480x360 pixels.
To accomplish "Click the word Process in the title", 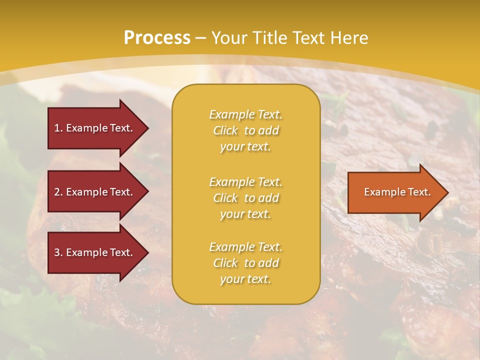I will pyautogui.click(x=157, y=38).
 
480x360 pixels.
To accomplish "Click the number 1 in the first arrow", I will pyautogui.click(x=57, y=128).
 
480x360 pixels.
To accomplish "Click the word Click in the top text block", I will pyautogui.click(x=225, y=130).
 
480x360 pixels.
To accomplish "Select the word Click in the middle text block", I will pyautogui.click(x=225, y=198).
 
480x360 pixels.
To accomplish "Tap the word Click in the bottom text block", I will pyautogui.click(x=225, y=263).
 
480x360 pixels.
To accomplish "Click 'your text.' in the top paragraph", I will pyautogui.click(x=245, y=146).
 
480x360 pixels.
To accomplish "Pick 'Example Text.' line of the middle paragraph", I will pyautogui.click(x=245, y=182).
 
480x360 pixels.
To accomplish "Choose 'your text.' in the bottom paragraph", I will pyautogui.click(x=245, y=279).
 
